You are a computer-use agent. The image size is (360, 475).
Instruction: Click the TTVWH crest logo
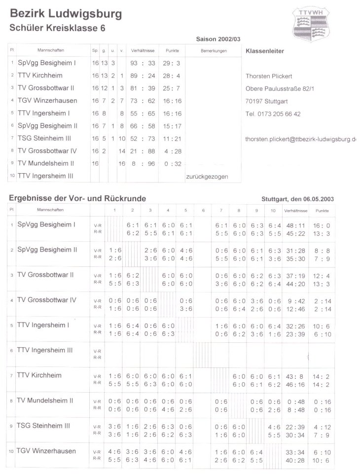pyautogui.click(x=311, y=24)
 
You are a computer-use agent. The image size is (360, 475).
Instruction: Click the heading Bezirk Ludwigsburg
pyautogui.click(x=65, y=14)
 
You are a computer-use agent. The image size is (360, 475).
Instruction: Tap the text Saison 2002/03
pyautogui.click(x=218, y=38)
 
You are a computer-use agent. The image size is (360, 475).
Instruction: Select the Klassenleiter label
pyautogui.click(x=265, y=51)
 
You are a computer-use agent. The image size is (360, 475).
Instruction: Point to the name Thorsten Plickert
pyautogui.click(x=269, y=76)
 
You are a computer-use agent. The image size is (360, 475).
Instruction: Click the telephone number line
pyautogui.click(x=273, y=114)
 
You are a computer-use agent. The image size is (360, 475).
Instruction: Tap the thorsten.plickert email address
pyautogui.click(x=300, y=140)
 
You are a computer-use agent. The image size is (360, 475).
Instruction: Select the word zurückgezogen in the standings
pyautogui.click(x=207, y=176)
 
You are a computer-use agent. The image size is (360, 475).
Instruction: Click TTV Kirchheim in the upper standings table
pyautogui.click(x=40, y=76)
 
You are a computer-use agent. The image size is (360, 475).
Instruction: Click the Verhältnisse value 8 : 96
pyautogui.click(x=143, y=163)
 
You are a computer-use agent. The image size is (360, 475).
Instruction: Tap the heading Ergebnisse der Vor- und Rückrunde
pyautogui.click(x=77, y=198)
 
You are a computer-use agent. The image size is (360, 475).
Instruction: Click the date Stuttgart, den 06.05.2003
pyautogui.click(x=298, y=199)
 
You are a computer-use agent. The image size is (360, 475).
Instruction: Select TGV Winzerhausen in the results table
pyautogui.click(x=46, y=451)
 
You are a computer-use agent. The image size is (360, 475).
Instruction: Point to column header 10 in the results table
pyautogui.click(x=273, y=210)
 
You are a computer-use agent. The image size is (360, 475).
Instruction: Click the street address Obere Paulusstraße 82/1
pyautogui.click(x=280, y=89)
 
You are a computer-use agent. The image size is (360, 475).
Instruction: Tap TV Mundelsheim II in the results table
pyautogui.click(x=45, y=401)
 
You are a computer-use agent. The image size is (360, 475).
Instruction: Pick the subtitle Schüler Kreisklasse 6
pyautogui.click(x=57, y=29)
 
